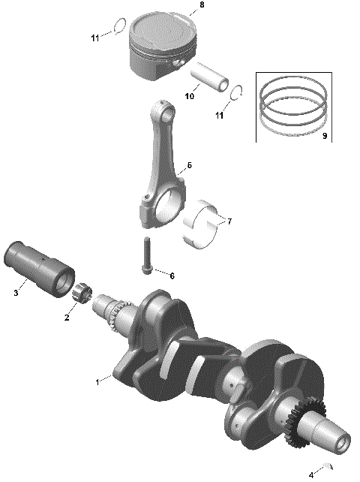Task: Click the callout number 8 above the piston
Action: click(x=200, y=6)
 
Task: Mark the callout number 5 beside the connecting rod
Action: click(x=189, y=165)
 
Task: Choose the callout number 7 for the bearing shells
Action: click(x=229, y=221)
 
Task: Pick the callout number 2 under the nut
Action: click(x=67, y=318)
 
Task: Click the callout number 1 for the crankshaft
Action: click(x=96, y=382)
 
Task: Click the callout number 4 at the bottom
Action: click(x=311, y=474)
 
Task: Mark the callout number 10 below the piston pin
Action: click(x=190, y=96)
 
